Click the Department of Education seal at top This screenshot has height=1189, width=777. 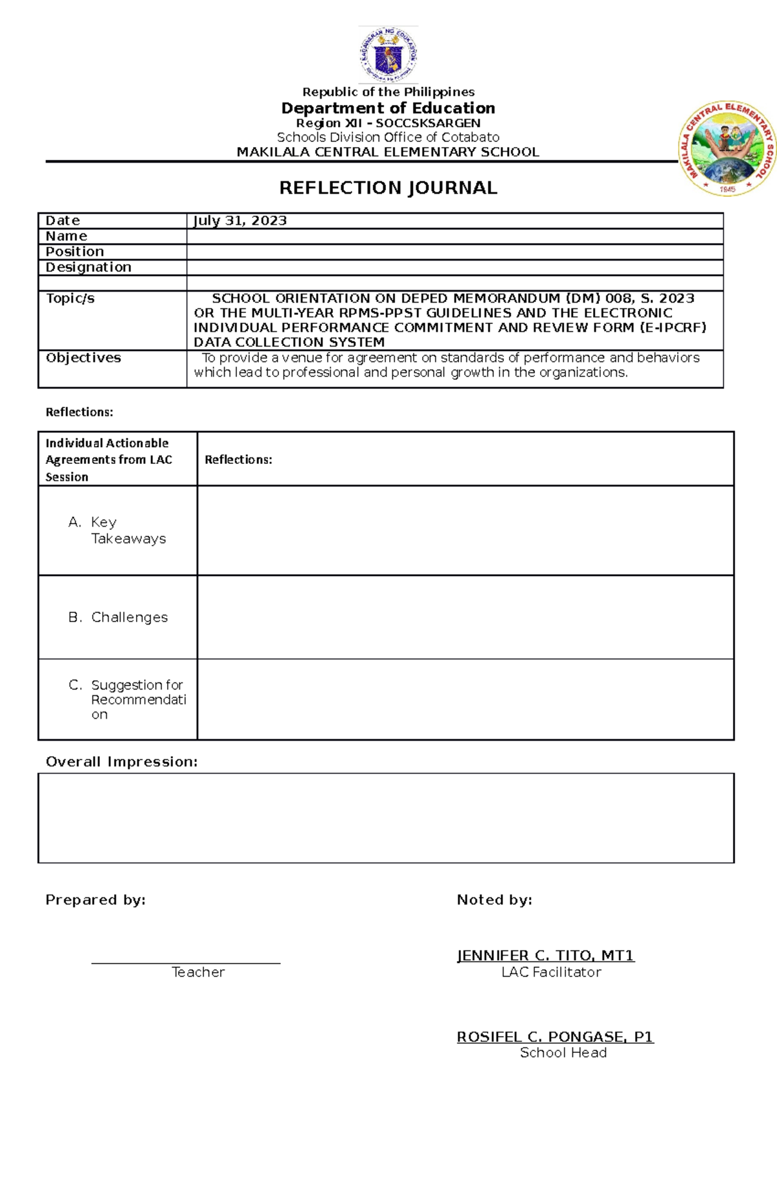(388, 55)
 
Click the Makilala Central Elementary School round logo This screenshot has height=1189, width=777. (727, 148)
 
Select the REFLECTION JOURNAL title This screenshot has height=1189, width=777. (388, 188)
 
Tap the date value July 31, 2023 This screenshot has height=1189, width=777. (240, 221)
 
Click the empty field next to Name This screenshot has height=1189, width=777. (455, 237)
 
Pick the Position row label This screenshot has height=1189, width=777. (74, 252)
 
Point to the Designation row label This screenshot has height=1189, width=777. (88, 268)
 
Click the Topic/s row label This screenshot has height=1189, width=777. (70, 299)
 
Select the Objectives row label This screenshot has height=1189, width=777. (83, 358)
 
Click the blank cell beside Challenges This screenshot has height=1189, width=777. (465, 618)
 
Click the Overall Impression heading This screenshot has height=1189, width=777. (121, 762)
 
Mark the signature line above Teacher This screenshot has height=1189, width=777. (186, 963)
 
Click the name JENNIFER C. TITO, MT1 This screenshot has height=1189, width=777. (545, 956)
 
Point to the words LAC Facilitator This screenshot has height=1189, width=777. (551, 973)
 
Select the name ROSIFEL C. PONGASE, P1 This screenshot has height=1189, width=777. (555, 1037)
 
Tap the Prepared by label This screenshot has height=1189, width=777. (95, 900)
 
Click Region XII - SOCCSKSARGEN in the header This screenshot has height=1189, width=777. (388, 123)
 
